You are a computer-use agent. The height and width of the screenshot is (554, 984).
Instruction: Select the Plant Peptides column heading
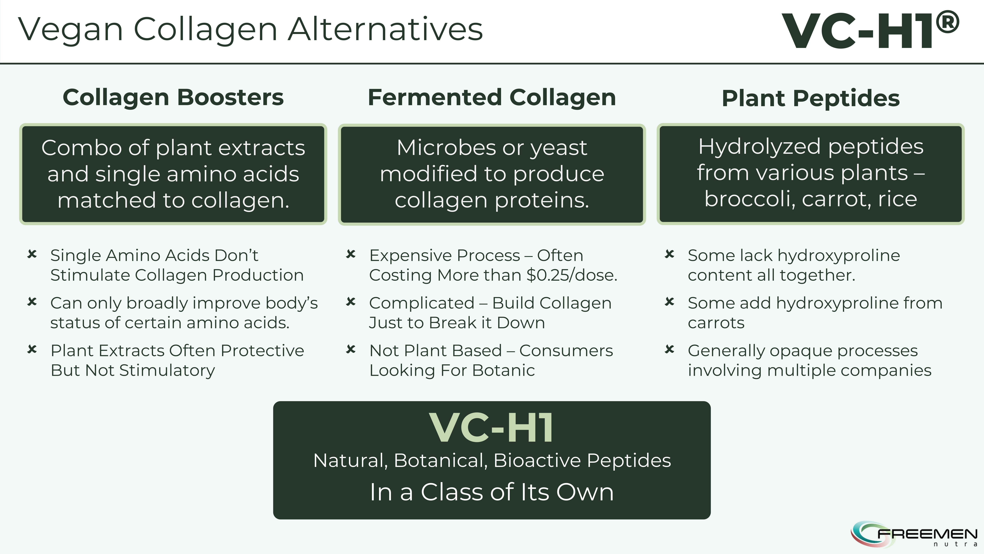pyautogui.click(x=811, y=98)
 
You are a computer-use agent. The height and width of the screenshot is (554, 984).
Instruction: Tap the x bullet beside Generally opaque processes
pyautogui.click(x=670, y=349)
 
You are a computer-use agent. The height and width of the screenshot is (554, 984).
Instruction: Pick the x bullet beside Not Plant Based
pyautogui.click(x=351, y=349)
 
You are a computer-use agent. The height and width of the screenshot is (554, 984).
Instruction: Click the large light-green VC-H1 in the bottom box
pyautogui.click(x=492, y=428)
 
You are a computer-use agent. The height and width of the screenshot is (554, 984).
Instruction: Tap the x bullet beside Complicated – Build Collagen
pyautogui.click(x=351, y=302)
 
